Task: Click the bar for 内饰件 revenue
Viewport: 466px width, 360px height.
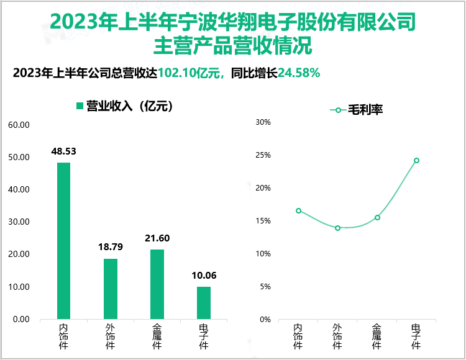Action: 63,241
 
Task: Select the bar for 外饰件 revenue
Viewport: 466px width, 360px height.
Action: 110,289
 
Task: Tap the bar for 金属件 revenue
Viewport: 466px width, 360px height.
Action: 157,284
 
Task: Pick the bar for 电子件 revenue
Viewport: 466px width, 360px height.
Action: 204,303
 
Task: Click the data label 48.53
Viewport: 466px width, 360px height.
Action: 63,151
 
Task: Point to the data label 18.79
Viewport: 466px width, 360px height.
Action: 110,247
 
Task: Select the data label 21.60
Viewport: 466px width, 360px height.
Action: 157,238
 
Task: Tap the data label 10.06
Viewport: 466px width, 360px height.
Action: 204,275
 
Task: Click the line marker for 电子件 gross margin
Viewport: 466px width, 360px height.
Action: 416,160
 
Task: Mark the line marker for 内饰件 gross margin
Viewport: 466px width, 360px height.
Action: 298,210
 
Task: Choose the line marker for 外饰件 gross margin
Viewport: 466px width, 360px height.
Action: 337,228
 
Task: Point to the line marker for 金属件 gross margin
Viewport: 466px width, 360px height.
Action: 377,217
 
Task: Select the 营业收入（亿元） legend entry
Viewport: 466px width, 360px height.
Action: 124,106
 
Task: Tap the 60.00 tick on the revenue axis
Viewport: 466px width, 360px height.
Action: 19,125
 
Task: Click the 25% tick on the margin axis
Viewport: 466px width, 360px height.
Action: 263,155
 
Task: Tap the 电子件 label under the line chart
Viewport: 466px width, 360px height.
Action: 416,336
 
